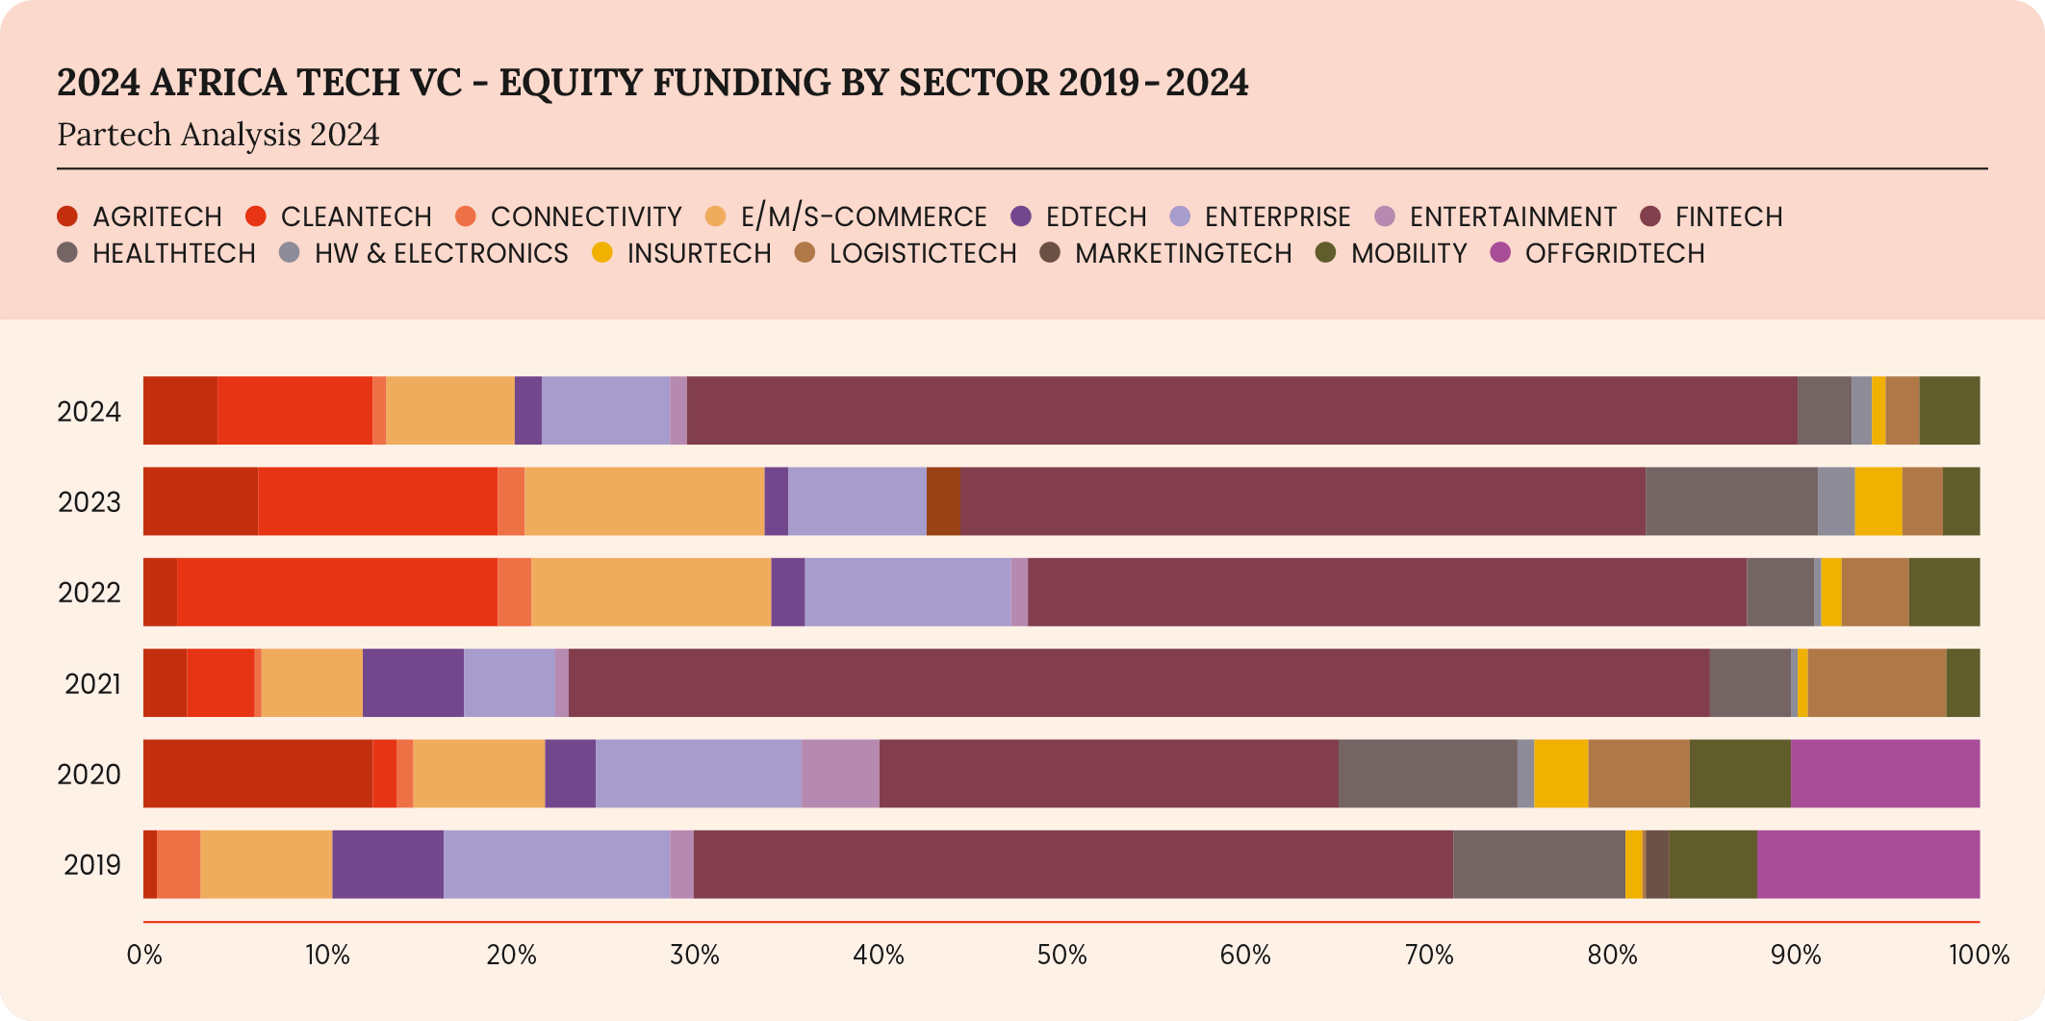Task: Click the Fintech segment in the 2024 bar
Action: (1241, 411)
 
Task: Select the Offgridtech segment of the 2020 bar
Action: (1884, 774)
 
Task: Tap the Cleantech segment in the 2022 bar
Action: (337, 592)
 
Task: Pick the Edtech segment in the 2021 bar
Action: (413, 683)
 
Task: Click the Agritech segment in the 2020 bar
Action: (257, 774)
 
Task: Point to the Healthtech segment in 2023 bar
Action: (1730, 501)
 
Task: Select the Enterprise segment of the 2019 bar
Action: (556, 864)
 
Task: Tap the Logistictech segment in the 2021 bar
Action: (1877, 683)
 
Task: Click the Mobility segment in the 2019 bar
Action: (1712, 864)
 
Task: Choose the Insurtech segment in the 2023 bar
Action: (1878, 501)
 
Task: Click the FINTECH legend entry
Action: (1727, 217)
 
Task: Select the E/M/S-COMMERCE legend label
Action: (863, 217)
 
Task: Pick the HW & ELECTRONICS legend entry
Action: (441, 253)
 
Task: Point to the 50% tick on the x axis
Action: (1061, 955)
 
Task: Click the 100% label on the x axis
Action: (1979, 955)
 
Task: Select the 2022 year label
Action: (89, 593)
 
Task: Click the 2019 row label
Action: (92, 865)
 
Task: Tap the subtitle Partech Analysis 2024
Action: (218, 135)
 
